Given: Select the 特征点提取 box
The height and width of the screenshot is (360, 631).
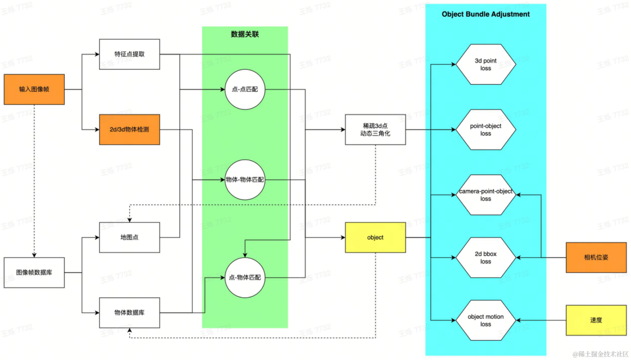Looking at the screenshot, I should [x=129, y=54].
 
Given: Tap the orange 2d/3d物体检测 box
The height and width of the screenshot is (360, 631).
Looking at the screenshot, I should [x=129, y=129].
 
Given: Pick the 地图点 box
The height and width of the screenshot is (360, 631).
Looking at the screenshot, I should [x=129, y=237].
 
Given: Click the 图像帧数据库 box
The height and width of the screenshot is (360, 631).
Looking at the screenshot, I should [x=34, y=272].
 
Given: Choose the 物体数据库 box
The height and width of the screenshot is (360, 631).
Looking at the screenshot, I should [x=129, y=313].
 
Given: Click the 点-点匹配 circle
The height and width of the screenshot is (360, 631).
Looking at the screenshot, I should [x=244, y=90].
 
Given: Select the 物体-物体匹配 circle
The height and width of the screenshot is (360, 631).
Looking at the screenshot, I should [x=244, y=179].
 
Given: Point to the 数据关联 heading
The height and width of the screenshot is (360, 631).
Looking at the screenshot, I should [x=245, y=34].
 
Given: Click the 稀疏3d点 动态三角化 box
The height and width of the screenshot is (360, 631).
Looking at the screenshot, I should [x=375, y=130].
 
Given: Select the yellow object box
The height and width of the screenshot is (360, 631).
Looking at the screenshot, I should [x=375, y=237].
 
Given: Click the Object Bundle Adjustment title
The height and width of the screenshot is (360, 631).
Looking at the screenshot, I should [x=486, y=14].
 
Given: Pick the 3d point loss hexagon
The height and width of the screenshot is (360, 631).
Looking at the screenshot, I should [x=486, y=64].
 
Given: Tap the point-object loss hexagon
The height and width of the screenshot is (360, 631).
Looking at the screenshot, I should [x=486, y=130].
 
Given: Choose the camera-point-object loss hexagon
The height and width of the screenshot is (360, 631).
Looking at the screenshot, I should [x=486, y=195].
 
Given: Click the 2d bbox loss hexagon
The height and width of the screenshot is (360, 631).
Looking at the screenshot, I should [x=486, y=258].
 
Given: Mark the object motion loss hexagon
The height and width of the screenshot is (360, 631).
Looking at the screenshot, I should [x=486, y=320].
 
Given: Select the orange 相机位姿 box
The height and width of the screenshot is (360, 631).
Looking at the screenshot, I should [x=597, y=257].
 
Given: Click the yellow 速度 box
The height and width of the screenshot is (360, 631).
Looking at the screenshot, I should [x=597, y=320].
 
